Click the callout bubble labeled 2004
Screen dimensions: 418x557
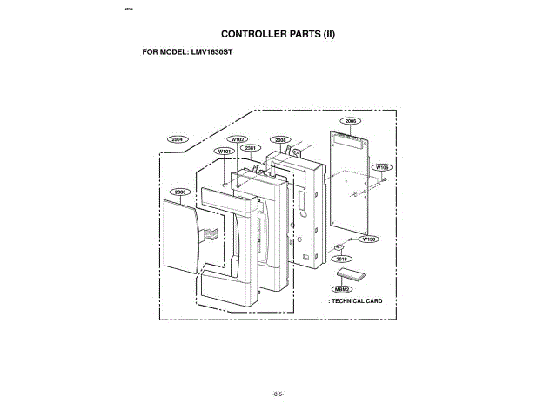click(177, 139)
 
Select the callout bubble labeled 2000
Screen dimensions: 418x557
click(180, 191)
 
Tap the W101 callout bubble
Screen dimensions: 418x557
click(224, 151)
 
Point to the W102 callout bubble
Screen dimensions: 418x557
click(238, 139)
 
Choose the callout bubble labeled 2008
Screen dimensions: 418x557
click(280, 139)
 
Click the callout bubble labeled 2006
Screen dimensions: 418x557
click(351, 121)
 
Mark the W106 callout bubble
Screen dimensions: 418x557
click(381, 166)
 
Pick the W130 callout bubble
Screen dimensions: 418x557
click(369, 239)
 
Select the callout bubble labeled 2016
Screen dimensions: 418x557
click(341, 259)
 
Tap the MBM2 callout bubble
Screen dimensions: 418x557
click(342, 288)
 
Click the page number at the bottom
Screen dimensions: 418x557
click(278, 394)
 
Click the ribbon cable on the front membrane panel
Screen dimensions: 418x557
click(210, 233)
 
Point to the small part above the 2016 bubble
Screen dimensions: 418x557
click(340, 246)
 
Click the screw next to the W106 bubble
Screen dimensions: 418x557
click(385, 179)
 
